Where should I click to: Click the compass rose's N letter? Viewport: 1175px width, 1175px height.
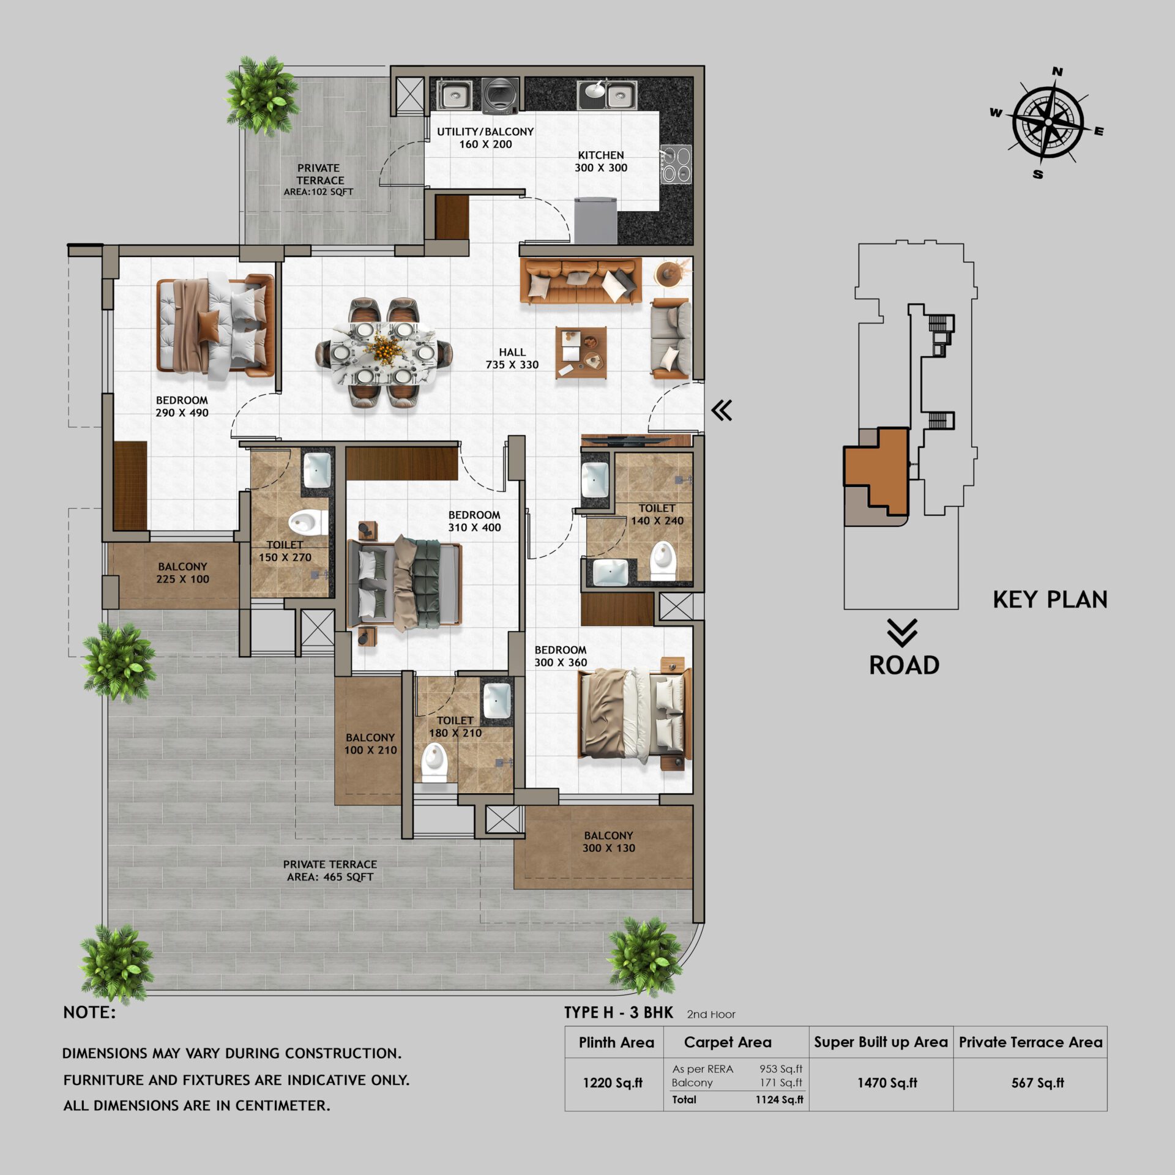point(1057,72)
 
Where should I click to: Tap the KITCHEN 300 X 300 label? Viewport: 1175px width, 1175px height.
point(600,162)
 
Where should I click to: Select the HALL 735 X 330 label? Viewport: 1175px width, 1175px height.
point(512,359)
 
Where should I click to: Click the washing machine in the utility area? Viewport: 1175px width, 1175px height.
point(500,96)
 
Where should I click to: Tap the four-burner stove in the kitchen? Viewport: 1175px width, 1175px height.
point(676,165)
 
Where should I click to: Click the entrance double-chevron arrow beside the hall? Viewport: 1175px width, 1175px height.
point(722,410)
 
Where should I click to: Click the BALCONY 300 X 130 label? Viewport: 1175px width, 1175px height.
point(608,841)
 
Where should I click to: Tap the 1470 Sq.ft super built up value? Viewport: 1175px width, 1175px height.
point(887,1083)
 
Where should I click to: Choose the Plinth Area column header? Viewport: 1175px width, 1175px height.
point(616,1042)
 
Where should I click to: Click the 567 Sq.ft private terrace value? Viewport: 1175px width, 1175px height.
point(1037,1083)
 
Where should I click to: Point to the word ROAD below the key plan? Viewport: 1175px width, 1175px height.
point(904,665)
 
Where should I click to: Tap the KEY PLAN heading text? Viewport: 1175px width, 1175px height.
point(1050,600)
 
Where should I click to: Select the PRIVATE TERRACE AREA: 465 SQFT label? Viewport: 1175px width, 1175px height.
point(330,870)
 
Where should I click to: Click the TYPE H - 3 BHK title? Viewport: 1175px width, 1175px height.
point(618,1013)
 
